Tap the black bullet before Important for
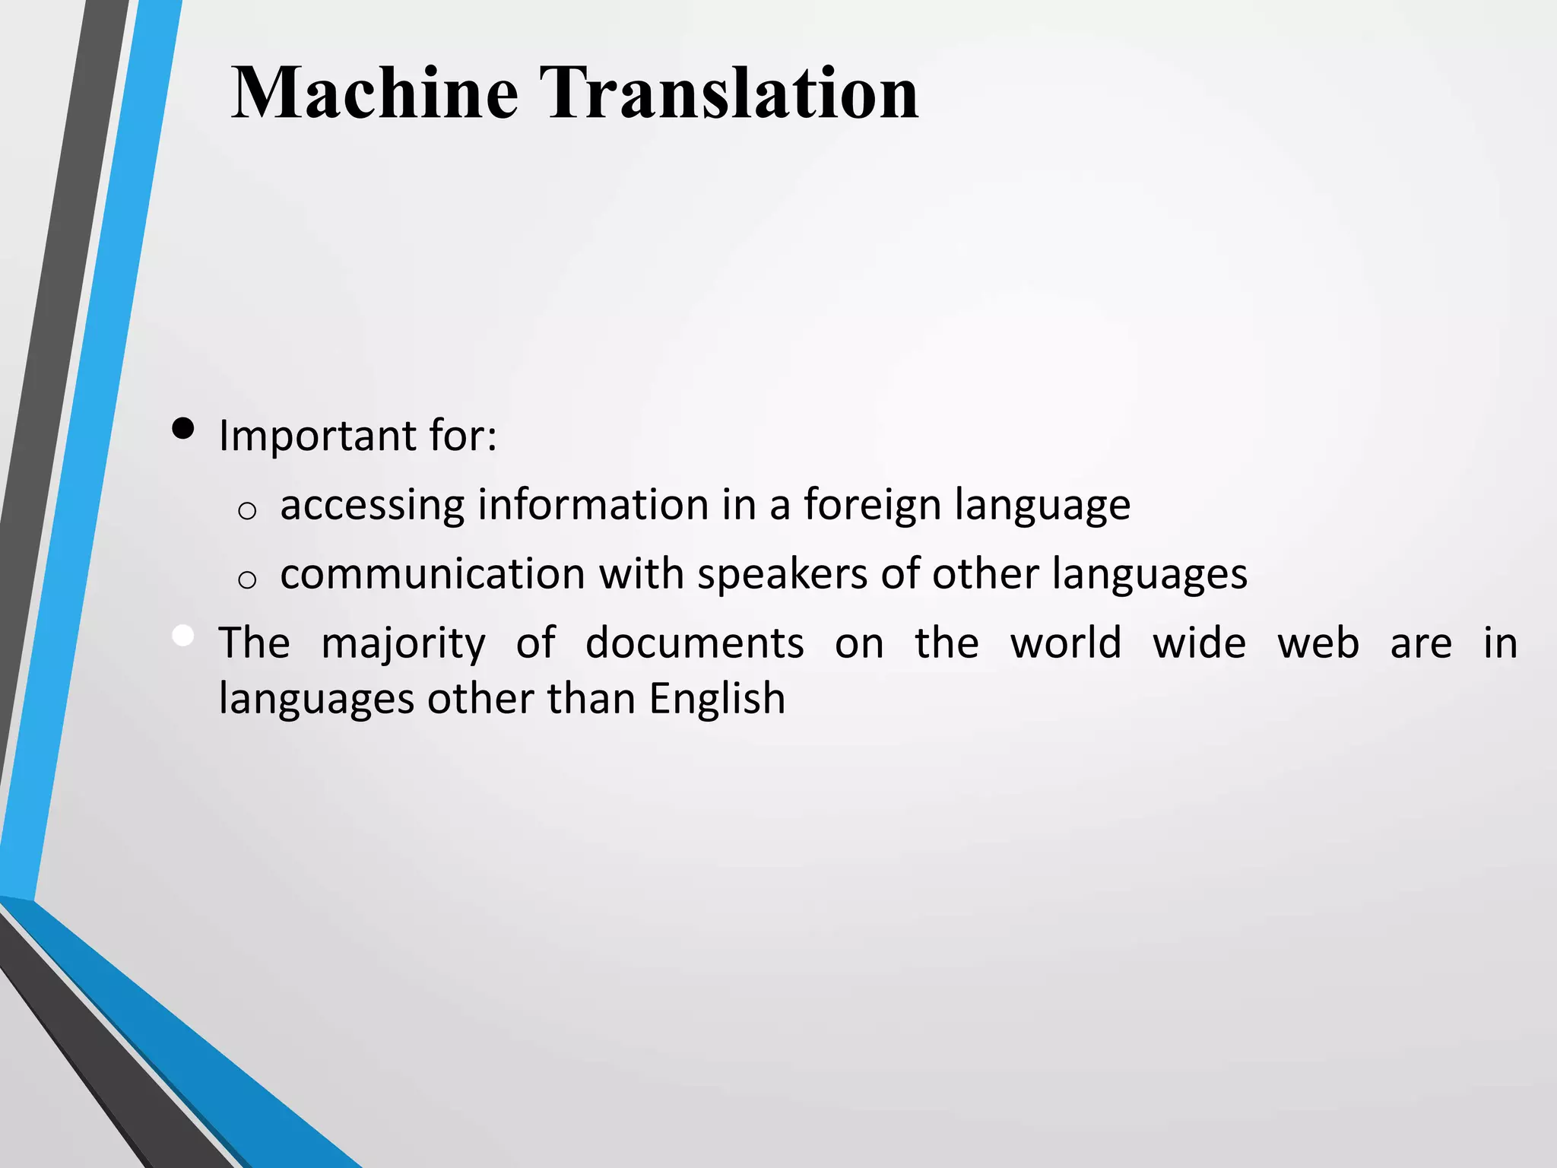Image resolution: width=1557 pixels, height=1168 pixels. click(183, 429)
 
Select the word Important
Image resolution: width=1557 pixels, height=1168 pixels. click(316, 436)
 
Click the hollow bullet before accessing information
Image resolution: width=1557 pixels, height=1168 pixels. click(246, 511)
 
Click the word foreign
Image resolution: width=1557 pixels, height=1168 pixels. click(872, 505)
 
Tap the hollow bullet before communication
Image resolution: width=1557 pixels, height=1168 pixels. click(246, 580)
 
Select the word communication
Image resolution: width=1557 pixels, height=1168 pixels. click(432, 574)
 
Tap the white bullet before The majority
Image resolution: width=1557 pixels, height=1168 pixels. click(183, 636)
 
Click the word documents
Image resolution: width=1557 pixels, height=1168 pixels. click(694, 643)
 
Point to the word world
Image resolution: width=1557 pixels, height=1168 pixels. click(1065, 643)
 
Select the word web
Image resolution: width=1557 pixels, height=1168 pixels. click(1318, 643)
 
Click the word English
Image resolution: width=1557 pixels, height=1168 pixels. click(716, 700)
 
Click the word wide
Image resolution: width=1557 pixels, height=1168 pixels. click(1199, 643)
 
